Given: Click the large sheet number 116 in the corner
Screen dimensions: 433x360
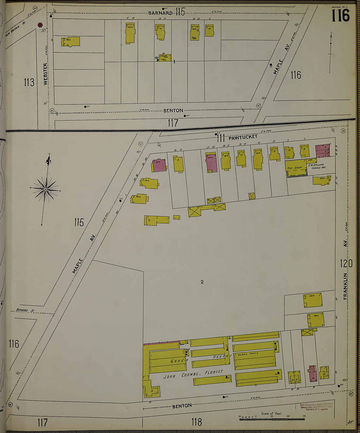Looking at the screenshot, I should point(340,15).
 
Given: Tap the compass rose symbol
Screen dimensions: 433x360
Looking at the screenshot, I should point(46,189).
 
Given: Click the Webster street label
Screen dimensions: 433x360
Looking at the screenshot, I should point(45,74).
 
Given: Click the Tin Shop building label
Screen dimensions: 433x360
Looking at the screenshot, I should point(295,168).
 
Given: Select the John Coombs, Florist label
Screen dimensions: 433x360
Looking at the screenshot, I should point(193,374).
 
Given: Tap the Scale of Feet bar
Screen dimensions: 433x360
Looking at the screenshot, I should point(272,418).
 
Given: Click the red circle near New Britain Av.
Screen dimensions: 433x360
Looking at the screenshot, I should point(40,25).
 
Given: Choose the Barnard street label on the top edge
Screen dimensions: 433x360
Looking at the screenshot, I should point(160,13).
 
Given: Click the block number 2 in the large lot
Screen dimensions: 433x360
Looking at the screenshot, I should point(202,282).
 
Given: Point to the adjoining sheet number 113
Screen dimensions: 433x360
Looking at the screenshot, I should point(29,82).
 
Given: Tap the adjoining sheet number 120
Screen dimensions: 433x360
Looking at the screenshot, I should point(346,263).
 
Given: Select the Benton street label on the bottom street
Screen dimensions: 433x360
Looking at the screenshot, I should point(182,406).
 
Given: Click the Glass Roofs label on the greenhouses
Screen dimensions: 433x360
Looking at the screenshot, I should point(248,353).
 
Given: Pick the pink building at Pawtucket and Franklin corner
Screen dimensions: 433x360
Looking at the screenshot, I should point(322,151).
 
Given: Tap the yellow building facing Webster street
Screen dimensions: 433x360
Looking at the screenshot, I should point(71,42).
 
